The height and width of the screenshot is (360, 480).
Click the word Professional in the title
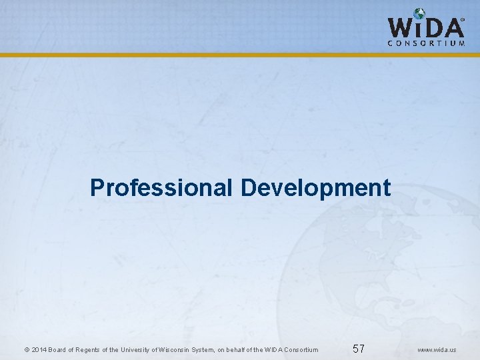[162, 187]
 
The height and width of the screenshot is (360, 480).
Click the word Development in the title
[315, 187]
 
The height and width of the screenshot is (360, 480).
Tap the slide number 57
[359, 349]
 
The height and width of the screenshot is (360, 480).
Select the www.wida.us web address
[437, 350]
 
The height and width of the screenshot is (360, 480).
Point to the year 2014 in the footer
[38, 350]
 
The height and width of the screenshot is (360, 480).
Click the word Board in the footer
[58, 350]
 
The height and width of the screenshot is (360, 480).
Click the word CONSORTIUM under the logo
[426, 43]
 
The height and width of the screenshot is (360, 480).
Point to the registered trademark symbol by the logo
[463, 20]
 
